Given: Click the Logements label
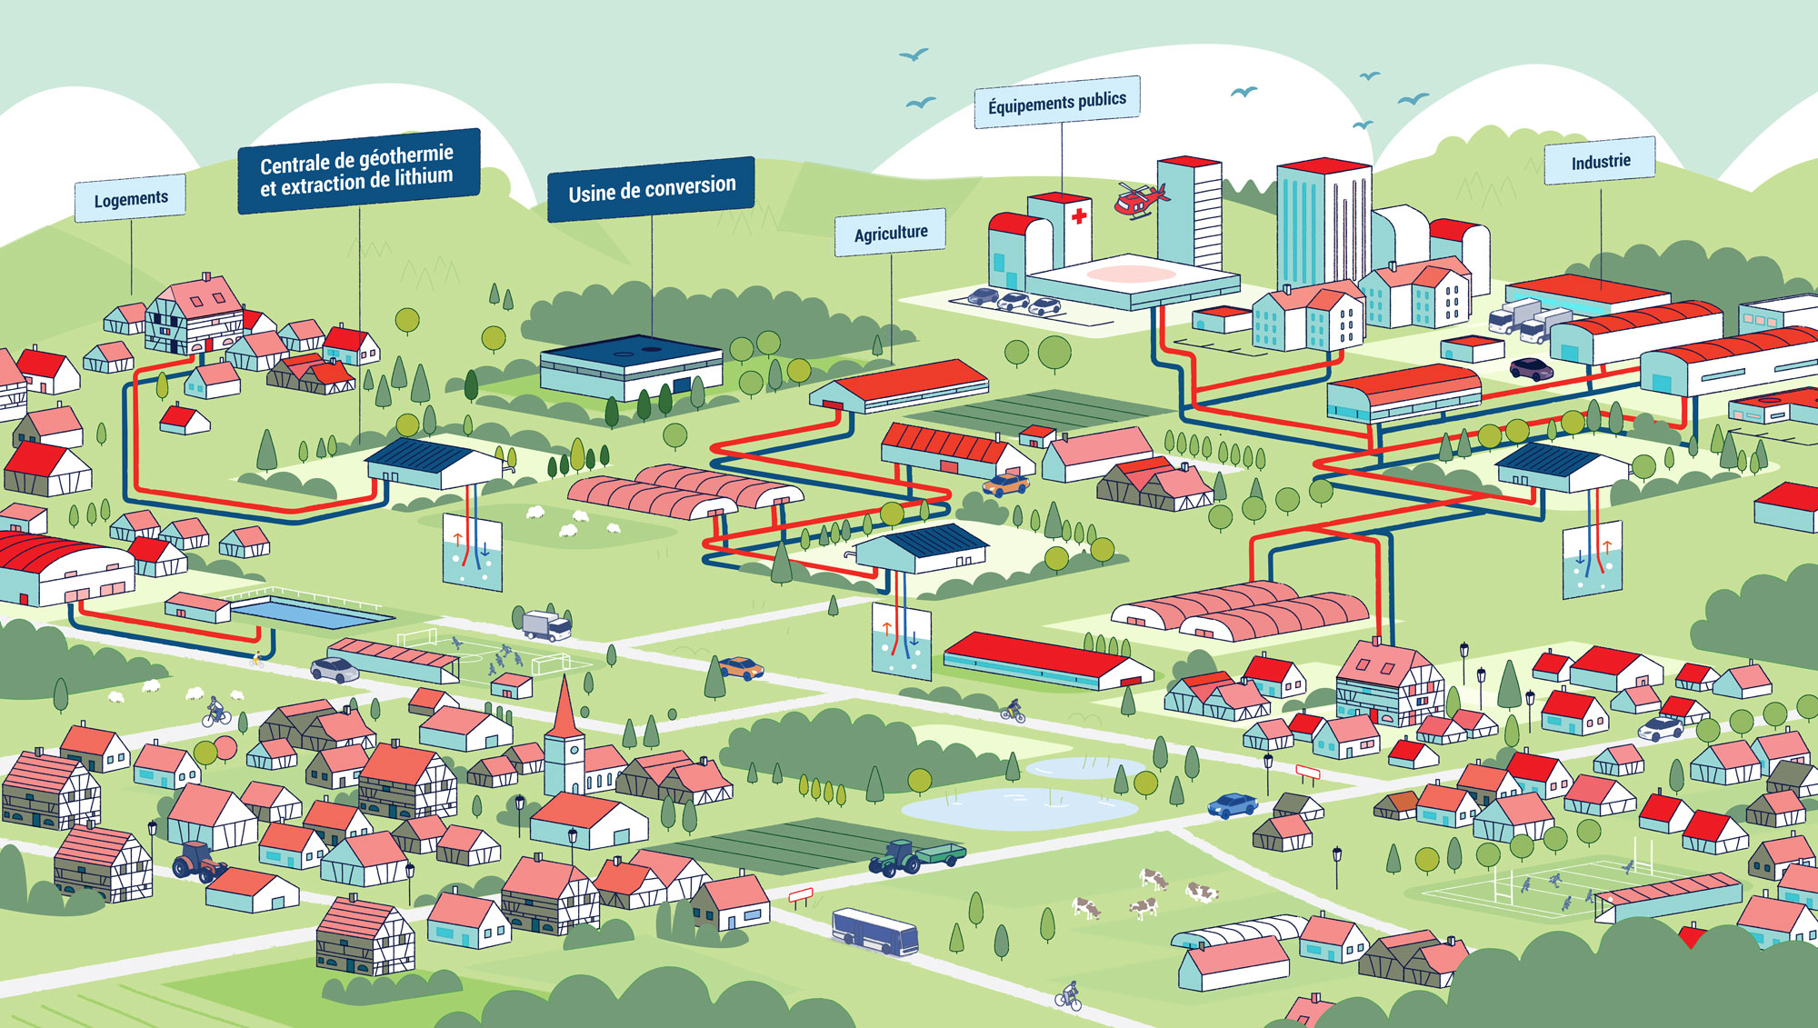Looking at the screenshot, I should click(131, 197).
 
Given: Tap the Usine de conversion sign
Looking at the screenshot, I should click(651, 188).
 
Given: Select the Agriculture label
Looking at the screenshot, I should click(891, 233).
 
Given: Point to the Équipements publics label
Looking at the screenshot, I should click(1057, 102).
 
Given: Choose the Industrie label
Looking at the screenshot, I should click(1601, 161).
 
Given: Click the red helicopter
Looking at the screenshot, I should click(1138, 199).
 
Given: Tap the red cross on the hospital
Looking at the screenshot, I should click(1079, 216).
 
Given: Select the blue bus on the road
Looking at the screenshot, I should click(874, 932).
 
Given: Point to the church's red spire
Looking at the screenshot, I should click(564, 707).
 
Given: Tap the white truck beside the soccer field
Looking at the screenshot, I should click(546, 624).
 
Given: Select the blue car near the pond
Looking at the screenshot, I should click(1232, 805).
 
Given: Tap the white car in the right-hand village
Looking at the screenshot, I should click(1661, 728).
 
